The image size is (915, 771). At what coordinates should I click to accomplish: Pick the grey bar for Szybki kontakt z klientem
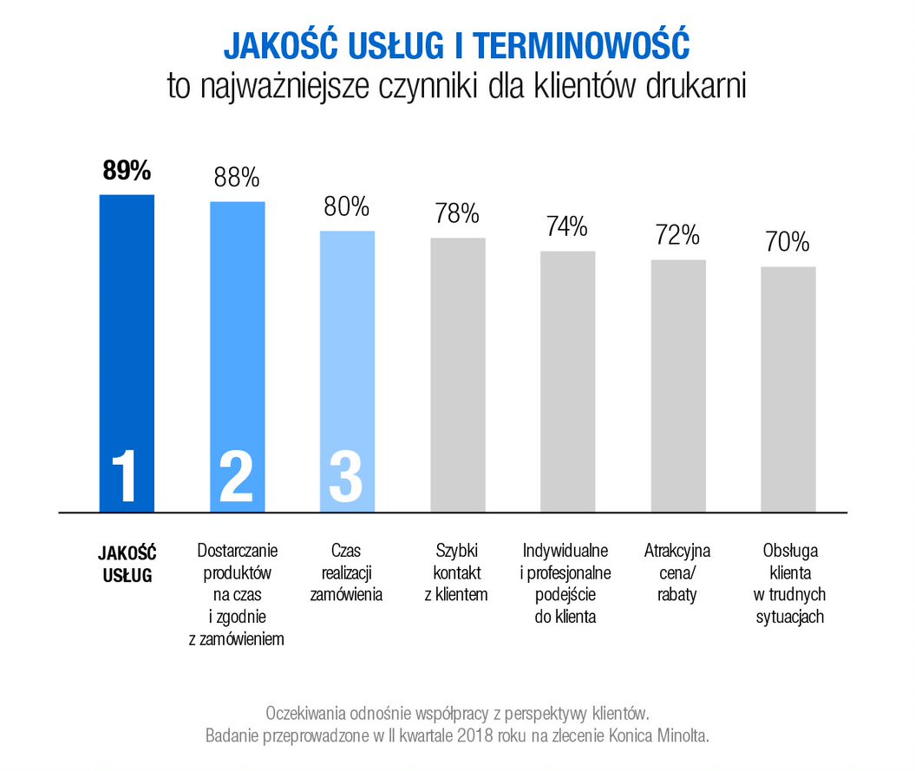458,373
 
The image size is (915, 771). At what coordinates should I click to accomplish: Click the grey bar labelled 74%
568,382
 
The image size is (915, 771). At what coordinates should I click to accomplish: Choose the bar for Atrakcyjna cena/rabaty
678,386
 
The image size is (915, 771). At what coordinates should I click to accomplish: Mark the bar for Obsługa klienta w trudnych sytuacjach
788,390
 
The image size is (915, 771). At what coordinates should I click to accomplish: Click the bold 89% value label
127,171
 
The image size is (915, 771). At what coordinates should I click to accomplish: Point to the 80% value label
347,207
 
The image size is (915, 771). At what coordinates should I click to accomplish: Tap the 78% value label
457,214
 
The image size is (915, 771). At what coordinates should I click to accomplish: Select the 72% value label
678,235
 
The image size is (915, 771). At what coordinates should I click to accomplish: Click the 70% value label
788,242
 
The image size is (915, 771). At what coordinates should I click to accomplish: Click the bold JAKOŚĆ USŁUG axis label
127,563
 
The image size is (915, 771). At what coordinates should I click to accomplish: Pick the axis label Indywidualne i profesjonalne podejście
567,584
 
